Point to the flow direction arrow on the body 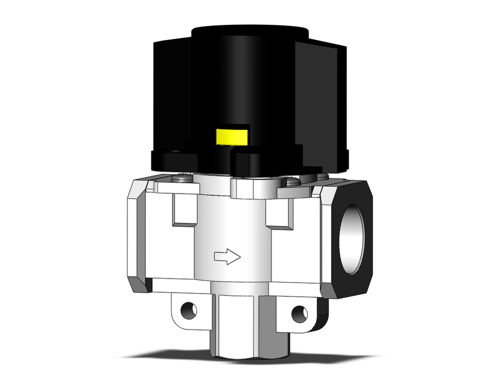coord(227,257)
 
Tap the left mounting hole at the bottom coord(188,309)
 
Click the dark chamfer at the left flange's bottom coord(139,284)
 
